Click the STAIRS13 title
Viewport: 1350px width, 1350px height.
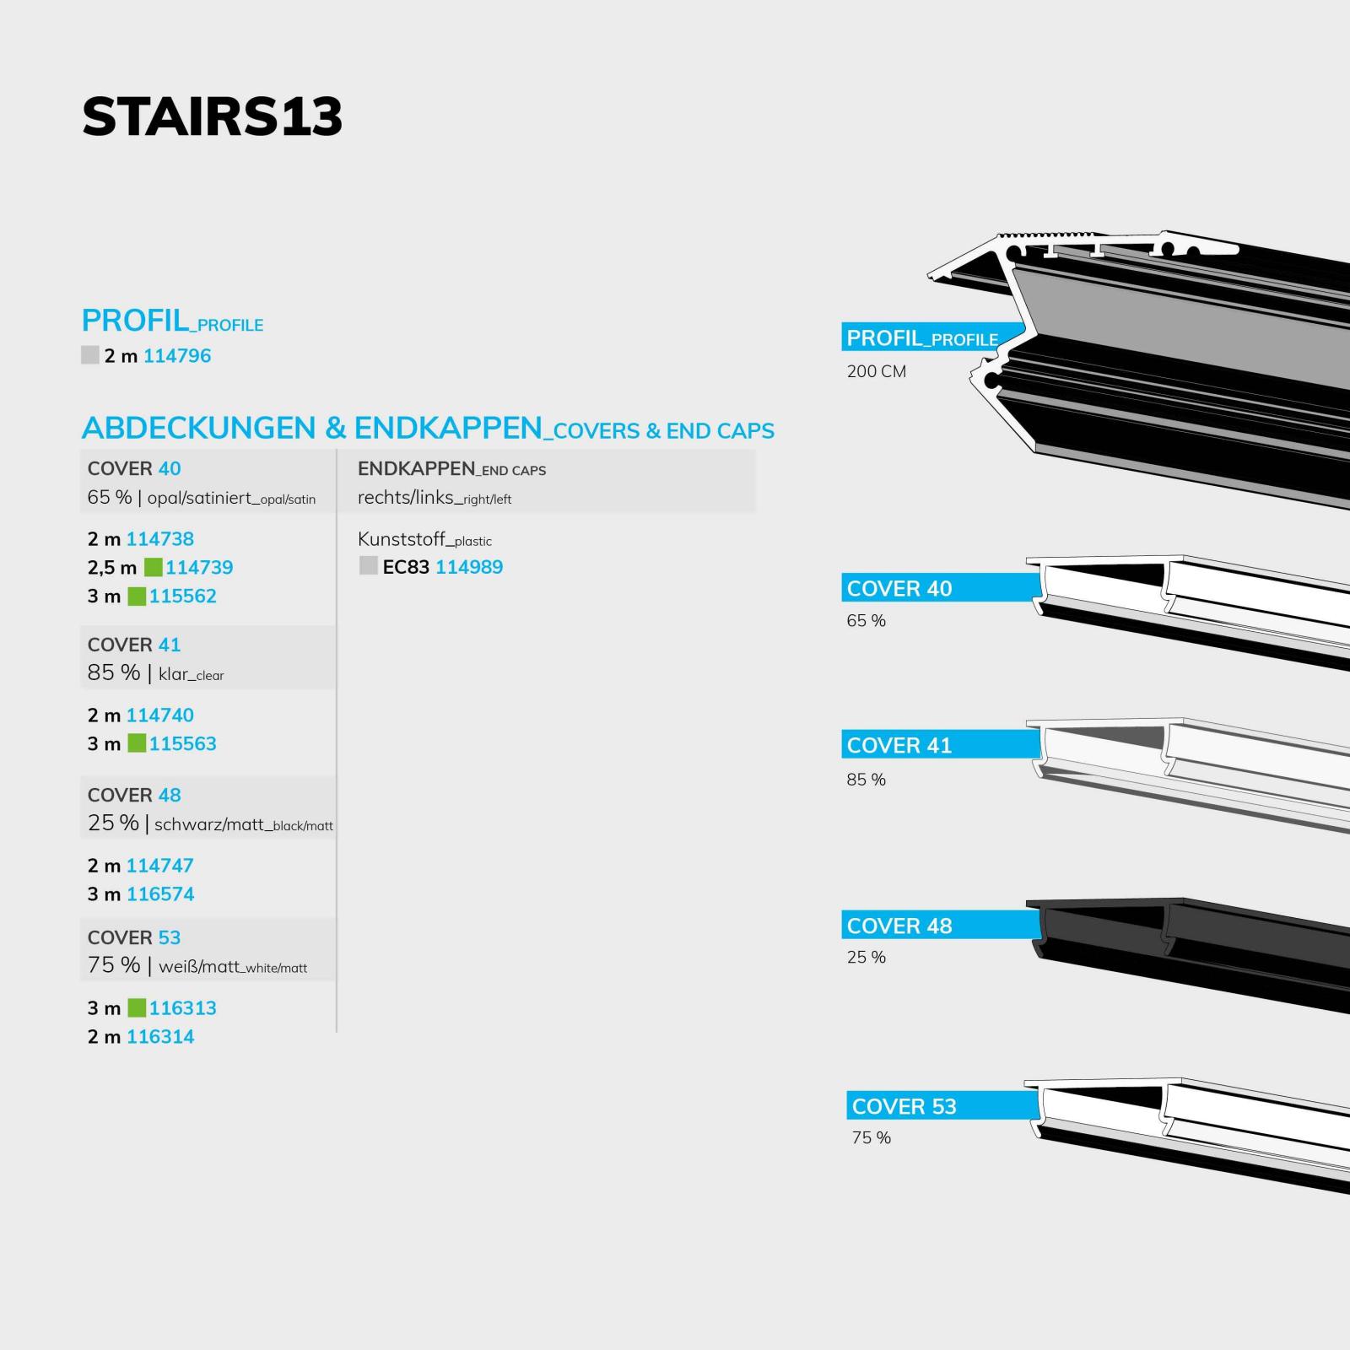[x=212, y=116]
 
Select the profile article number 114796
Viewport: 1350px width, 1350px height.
[x=177, y=356]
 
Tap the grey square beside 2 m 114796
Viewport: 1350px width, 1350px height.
[x=90, y=355]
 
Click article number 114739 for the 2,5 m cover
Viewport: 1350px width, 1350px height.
[x=199, y=568]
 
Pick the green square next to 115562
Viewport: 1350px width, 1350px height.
[x=137, y=597]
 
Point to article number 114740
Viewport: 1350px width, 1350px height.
[x=160, y=715]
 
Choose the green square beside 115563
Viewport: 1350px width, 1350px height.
[x=137, y=743]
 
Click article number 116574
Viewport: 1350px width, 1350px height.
[x=160, y=894]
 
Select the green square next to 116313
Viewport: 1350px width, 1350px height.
[x=137, y=1007]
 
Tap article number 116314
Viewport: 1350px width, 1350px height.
[x=160, y=1037]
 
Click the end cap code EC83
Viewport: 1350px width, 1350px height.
[x=406, y=567]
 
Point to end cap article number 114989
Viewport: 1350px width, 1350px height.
[x=469, y=567]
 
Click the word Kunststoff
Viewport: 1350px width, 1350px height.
[x=401, y=539]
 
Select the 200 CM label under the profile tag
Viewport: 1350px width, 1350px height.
[x=877, y=371]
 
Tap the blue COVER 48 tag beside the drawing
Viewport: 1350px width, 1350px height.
[x=941, y=926]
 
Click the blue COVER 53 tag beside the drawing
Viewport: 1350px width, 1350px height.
[x=943, y=1106]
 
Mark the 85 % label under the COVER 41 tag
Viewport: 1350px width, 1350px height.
[x=867, y=780]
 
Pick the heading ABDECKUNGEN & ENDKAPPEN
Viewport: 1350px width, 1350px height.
[x=311, y=428]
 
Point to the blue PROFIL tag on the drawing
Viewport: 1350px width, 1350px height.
[x=932, y=337]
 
